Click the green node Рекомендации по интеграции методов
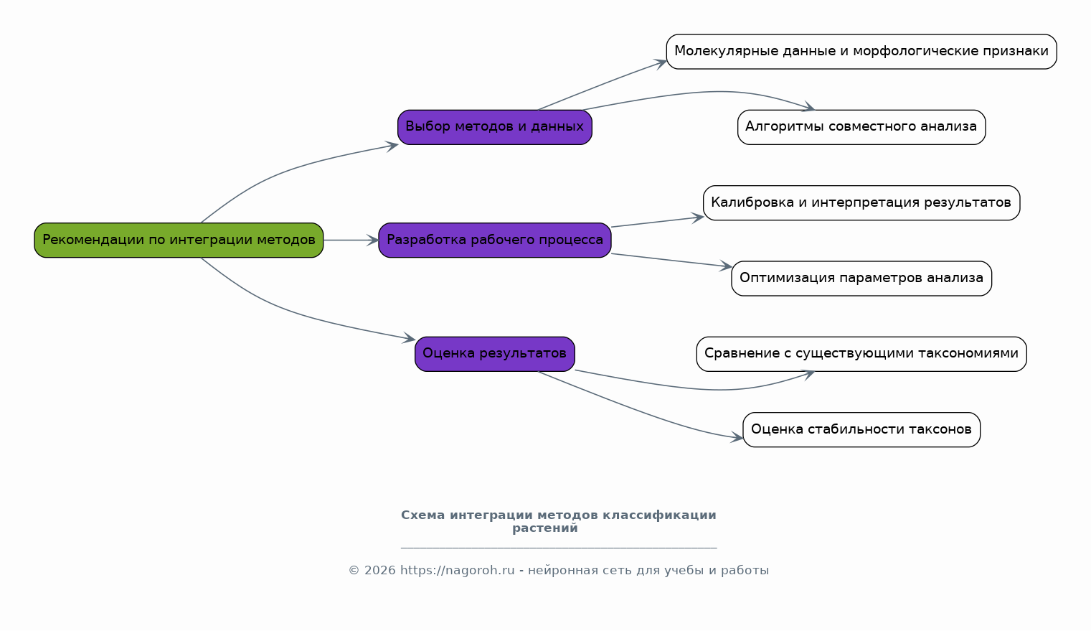[x=179, y=240]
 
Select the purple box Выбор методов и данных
[x=495, y=127]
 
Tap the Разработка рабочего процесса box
[x=495, y=240]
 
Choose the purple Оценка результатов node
[x=495, y=354]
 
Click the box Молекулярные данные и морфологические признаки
[x=861, y=52]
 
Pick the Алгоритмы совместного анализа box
[x=861, y=127]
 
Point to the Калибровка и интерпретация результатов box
[x=861, y=202]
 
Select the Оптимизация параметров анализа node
[x=861, y=279]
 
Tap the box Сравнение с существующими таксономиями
[x=861, y=354]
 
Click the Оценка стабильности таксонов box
[x=861, y=429]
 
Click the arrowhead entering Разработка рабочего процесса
[x=373, y=240]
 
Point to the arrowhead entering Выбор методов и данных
[x=392, y=146]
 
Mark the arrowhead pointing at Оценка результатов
[x=409, y=338]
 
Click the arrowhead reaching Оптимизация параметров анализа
[x=726, y=266]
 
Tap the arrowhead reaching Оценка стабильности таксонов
[x=737, y=438]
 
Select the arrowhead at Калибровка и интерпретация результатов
[x=697, y=218]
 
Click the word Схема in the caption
[x=422, y=515]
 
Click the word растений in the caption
[x=545, y=528]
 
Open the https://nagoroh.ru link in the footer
[x=458, y=570]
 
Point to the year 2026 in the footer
[x=380, y=570]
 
